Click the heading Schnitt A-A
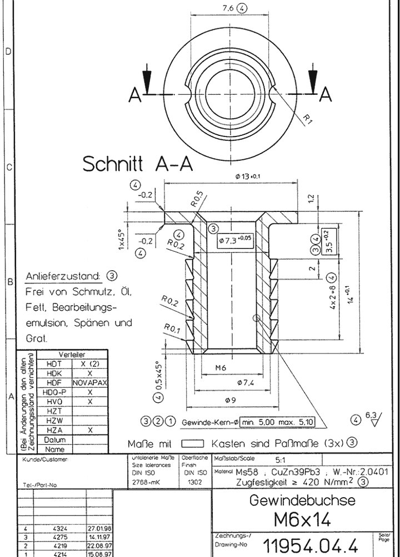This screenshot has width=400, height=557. (x=138, y=164)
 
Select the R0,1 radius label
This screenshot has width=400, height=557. (x=173, y=328)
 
